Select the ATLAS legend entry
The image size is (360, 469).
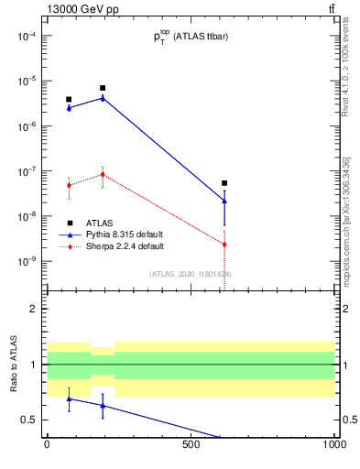point(101,223)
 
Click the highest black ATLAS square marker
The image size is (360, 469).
point(103,88)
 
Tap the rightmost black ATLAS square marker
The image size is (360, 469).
point(224,183)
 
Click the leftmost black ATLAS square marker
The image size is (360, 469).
point(69,99)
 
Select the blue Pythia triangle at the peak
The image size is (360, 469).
point(103,97)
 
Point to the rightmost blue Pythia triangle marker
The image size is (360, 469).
point(224,201)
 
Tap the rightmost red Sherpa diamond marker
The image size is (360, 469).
point(224,245)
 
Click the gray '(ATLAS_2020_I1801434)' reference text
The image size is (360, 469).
point(190,274)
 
